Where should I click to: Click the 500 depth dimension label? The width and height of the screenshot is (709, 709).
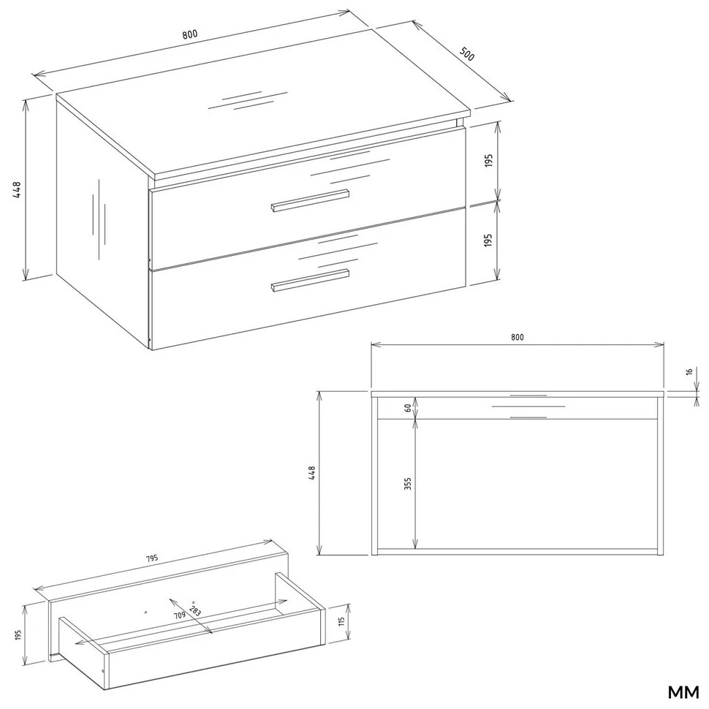click(x=467, y=54)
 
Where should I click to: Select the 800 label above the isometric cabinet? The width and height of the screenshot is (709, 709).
click(x=190, y=34)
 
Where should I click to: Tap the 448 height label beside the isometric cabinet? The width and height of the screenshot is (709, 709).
click(x=17, y=191)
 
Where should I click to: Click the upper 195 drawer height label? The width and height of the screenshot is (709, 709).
click(x=488, y=161)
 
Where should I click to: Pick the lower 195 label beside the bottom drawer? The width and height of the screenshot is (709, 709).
click(x=488, y=240)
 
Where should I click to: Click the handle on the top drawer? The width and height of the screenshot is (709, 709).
click(x=310, y=200)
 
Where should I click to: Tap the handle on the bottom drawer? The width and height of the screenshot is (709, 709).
click(x=310, y=281)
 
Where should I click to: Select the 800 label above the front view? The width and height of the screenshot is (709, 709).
click(x=517, y=337)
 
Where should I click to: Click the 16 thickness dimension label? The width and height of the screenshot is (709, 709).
click(x=689, y=372)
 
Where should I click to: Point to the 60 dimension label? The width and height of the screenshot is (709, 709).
click(x=408, y=407)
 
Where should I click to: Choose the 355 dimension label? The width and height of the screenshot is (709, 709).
click(x=408, y=484)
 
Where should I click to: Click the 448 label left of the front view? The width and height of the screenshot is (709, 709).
click(x=311, y=473)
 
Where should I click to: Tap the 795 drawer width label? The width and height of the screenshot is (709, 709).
click(x=152, y=558)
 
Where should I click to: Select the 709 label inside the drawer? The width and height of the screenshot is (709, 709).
click(x=180, y=615)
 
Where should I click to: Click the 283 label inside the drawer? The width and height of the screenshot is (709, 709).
click(x=195, y=611)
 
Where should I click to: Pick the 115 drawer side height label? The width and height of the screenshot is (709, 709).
click(x=341, y=623)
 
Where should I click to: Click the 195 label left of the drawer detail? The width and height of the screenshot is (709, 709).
click(x=18, y=634)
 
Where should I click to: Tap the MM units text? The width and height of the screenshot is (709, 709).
click(x=683, y=691)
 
